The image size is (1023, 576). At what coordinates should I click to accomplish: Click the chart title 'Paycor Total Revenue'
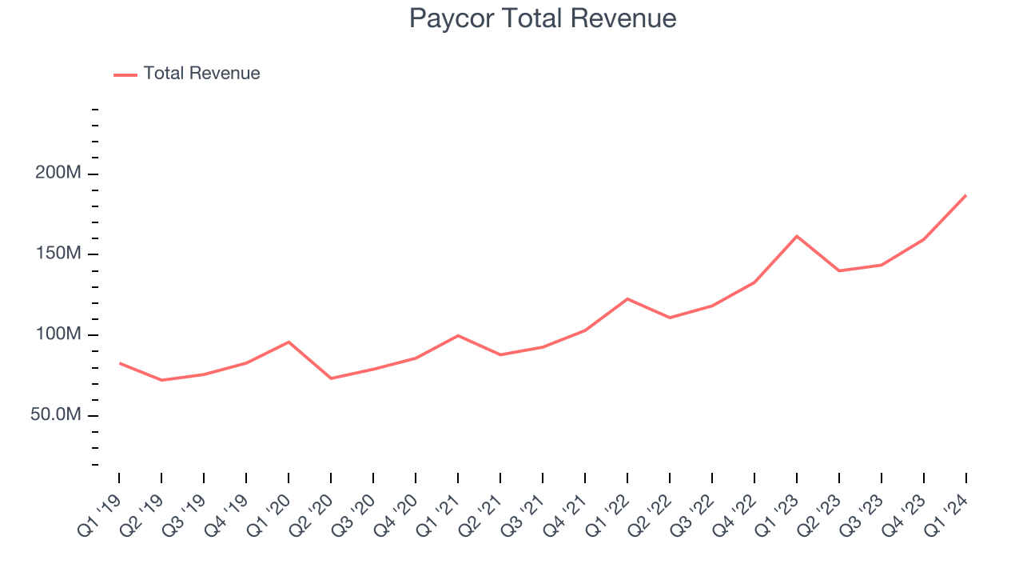(543, 18)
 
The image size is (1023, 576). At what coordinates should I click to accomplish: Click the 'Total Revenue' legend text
(201, 74)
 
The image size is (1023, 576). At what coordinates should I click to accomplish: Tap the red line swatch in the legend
(125, 74)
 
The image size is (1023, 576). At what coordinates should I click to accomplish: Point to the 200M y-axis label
(58, 174)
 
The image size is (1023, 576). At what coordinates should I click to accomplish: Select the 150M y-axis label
(58, 254)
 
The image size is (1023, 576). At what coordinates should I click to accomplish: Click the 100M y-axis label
(58, 334)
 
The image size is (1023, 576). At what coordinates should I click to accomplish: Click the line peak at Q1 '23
(797, 236)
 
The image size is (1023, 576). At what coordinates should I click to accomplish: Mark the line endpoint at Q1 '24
(965, 195)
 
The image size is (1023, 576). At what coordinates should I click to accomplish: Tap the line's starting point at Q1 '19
(120, 363)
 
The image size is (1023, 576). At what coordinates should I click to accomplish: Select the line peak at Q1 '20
(289, 342)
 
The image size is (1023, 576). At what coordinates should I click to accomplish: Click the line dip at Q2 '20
(331, 378)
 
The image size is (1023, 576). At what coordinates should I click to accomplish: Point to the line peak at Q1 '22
(627, 298)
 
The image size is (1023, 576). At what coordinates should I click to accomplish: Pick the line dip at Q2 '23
(839, 270)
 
